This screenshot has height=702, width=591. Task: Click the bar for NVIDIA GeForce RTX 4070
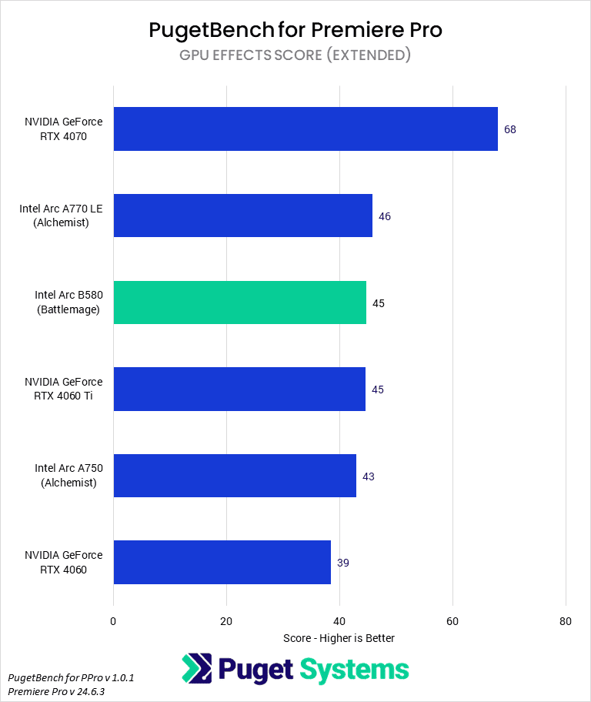pyautogui.click(x=306, y=129)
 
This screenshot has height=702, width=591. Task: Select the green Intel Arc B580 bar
pyautogui.click(x=239, y=303)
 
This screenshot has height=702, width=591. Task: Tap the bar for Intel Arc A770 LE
pyautogui.click(x=242, y=216)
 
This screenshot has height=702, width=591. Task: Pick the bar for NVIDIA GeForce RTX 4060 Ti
pyautogui.click(x=239, y=389)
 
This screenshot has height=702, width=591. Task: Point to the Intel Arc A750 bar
pyautogui.click(x=235, y=476)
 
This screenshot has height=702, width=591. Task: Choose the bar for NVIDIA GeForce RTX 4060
pyautogui.click(x=222, y=562)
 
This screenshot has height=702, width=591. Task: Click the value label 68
pyautogui.click(x=510, y=129)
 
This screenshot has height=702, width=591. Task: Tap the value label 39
pyautogui.click(x=343, y=563)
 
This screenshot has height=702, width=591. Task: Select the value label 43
pyautogui.click(x=369, y=476)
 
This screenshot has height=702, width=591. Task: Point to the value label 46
pyautogui.click(x=385, y=216)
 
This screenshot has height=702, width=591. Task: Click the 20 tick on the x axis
pyautogui.click(x=226, y=621)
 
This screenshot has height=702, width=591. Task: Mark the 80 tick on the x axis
pyautogui.click(x=566, y=621)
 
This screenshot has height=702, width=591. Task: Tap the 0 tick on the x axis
pyautogui.click(x=113, y=621)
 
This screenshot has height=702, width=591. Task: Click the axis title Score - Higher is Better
pyautogui.click(x=339, y=638)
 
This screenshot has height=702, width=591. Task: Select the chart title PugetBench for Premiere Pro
pyautogui.click(x=295, y=31)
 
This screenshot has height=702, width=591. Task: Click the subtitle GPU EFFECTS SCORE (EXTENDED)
pyautogui.click(x=295, y=55)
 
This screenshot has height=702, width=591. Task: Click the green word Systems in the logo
pyautogui.click(x=355, y=669)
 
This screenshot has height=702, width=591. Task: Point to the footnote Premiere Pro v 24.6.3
pyautogui.click(x=56, y=691)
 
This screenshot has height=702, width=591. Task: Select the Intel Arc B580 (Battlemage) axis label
pyautogui.click(x=68, y=303)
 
